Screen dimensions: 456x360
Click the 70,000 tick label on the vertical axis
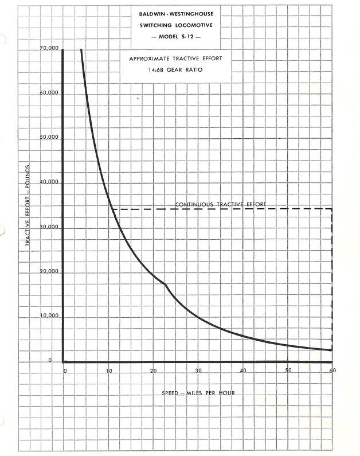50,49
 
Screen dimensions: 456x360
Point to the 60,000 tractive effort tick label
50,93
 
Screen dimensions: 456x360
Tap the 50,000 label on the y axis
50,138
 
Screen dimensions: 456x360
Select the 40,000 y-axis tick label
50,182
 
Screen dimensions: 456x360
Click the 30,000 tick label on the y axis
50,227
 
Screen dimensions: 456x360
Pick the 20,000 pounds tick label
50,272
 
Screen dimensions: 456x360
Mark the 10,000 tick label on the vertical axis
50,316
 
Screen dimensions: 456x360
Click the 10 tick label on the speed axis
108,371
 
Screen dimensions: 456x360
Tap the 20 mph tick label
154,371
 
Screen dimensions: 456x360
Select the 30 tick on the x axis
198,371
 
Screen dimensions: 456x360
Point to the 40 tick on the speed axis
243,371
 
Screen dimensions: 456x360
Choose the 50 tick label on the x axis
288,371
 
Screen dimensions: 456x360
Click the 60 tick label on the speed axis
332,371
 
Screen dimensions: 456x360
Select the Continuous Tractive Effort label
221,204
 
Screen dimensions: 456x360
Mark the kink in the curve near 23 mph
166,284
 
